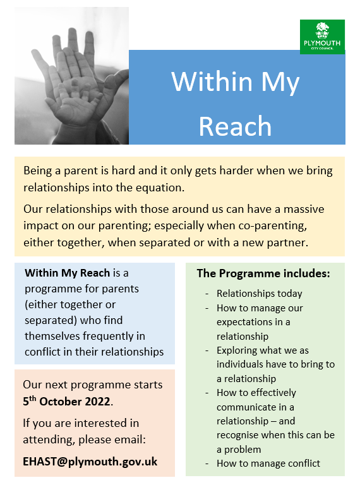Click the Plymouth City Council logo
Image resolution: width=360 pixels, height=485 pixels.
click(x=322, y=37)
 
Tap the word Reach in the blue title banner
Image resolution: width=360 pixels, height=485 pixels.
click(x=235, y=126)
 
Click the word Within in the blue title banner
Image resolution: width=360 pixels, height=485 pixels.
click(x=212, y=81)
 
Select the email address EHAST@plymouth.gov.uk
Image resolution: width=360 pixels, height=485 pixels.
click(x=90, y=462)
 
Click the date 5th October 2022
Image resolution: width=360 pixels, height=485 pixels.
click(x=67, y=401)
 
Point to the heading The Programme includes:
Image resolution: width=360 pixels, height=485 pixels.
click(x=263, y=273)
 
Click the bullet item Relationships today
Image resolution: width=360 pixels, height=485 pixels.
click(x=259, y=294)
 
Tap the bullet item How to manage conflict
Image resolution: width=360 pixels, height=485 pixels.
click(x=268, y=464)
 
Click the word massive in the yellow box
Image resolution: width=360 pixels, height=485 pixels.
click(x=304, y=209)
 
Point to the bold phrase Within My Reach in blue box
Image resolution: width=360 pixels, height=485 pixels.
click(x=68, y=273)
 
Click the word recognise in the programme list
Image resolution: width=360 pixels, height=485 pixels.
click(x=237, y=435)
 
